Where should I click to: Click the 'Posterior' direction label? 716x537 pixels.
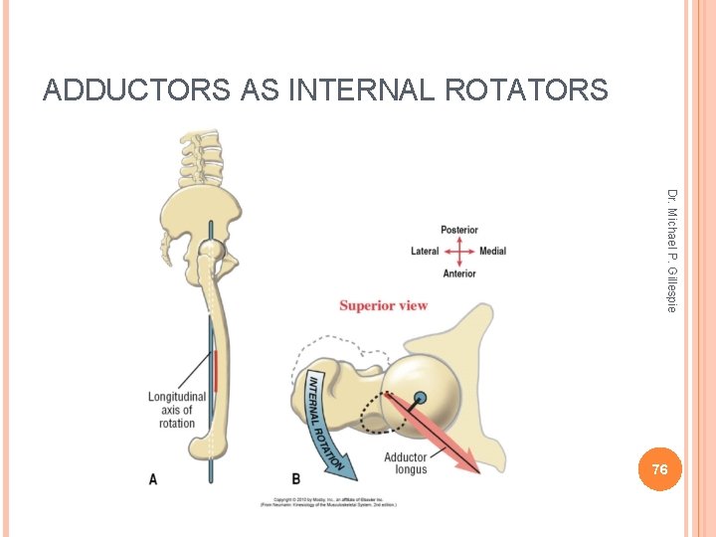pyautogui.click(x=458, y=230)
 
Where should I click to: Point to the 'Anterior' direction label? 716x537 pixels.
pyautogui.click(x=458, y=272)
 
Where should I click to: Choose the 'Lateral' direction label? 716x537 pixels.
pyautogui.click(x=425, y=251)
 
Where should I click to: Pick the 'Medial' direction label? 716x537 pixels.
pyautogui.click(x=492, y=251)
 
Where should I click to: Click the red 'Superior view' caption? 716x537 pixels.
pyautogui.click(x=383, y=305)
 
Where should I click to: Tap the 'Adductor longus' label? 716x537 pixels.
pyautogui.click(x=405, y=463)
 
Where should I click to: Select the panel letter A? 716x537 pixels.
pyautogui.click(x=152, y=479)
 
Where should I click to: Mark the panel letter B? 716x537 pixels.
pyautogui.click(x=295, y=479)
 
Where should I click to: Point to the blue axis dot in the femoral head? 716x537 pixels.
pyautogui.click(x=420, y=399)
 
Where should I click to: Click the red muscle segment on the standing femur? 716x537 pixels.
pyautogui.click(x=213, y=371)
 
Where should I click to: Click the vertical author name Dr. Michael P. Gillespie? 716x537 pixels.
pyautogui.click(x=672, y=251)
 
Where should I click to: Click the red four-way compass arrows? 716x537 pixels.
pyautogui.click(x=458, y=251)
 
